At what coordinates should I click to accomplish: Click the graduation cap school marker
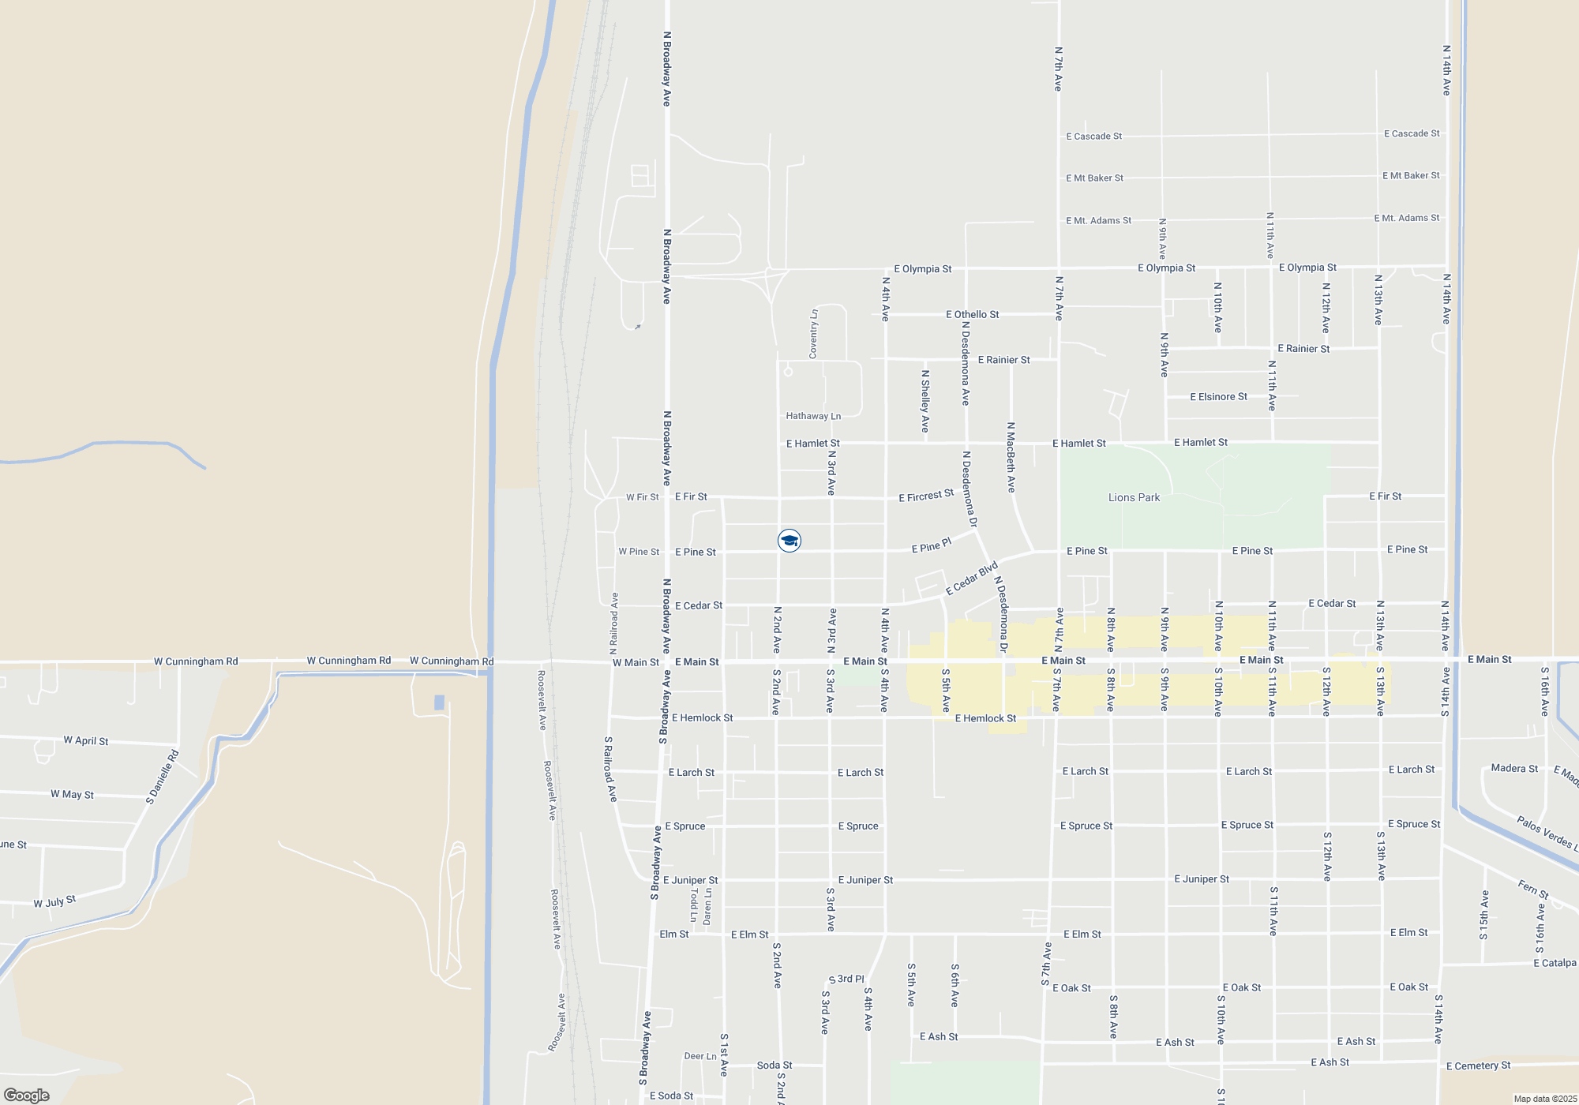tap(789, 541)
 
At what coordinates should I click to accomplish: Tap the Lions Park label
tap(1134, 497)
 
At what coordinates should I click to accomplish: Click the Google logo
tap(27, 1095)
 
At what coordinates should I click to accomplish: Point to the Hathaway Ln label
tap(813, 416)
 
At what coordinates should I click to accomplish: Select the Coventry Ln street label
tap(813, 333)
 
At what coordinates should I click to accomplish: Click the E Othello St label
tap(972, 314)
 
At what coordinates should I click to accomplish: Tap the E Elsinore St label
tap(1218, 396)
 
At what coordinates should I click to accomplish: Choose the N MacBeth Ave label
tap(1011, 457)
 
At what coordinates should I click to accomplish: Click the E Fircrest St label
tap(926, 496)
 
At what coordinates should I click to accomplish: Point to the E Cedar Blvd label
tap(972, 579)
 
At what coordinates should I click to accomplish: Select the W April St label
tap(86, 740)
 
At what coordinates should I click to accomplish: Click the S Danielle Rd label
tap(163, 777)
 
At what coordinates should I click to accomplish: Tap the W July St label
tap(54, 901)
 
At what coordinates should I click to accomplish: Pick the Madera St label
tap(1514, 768)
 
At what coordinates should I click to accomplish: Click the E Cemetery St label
tap(1478, 1066)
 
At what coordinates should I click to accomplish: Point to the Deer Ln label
tap(700, 1056)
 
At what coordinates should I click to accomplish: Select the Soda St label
tap(774, 1065)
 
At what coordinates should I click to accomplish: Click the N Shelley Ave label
tap(925, 401)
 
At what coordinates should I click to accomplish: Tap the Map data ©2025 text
tap(1545, 1099)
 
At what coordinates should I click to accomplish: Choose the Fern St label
tap(1533, 889)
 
